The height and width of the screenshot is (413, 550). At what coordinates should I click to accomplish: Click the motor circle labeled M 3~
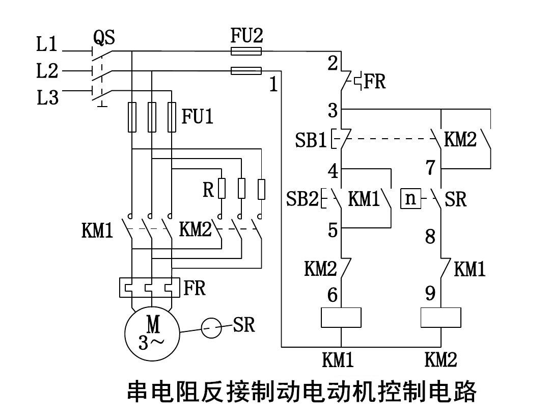click(x=152, y=331)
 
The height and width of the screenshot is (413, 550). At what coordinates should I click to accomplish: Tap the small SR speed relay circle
click(x=211, y=327)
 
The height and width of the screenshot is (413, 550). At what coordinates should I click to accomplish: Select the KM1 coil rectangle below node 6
click(x=341, y=317)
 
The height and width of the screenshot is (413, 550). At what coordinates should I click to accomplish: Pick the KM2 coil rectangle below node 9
click(x=441, y=317)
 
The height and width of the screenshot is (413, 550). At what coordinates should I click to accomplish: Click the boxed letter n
click(x=411, y=198)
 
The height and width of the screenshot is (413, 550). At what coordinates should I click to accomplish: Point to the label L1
click(x=47, y=45)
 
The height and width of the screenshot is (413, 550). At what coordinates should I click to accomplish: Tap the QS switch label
click(x=104, y=37)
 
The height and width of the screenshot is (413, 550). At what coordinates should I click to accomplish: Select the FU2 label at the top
click(x=247, y=36)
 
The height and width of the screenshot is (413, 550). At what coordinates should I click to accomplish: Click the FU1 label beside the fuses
click(x=198, y=117)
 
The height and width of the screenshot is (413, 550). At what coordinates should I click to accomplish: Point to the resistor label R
click(x=208, y=190)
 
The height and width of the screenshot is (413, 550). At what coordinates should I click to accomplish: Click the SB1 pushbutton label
click(x=311, y=140)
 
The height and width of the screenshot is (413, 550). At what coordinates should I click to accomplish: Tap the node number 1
click(x=273, y=85)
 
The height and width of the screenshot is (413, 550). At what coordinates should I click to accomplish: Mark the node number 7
click(x=430, y=167)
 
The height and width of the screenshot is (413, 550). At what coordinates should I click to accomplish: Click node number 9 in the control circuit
click(x=430, y=293)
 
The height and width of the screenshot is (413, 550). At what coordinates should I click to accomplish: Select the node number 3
click(x=333, y=110)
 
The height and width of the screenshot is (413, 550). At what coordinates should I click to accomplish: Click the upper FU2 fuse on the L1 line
click(x=246, y=51)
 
